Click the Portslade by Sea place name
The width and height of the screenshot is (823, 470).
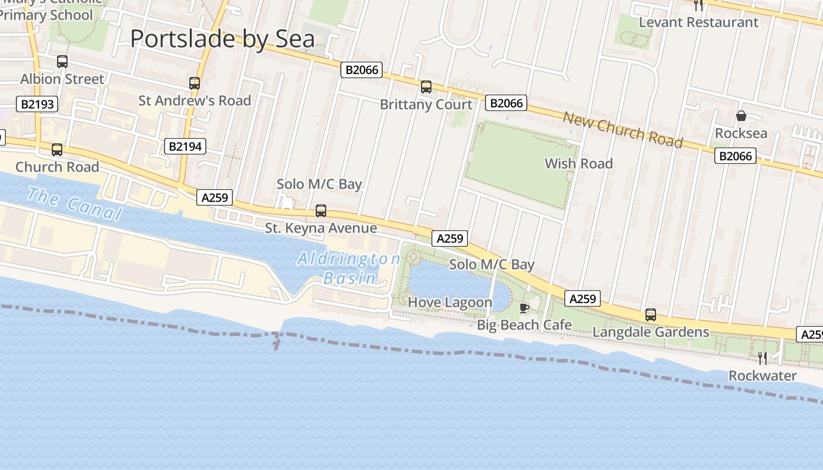[x=222, y=39]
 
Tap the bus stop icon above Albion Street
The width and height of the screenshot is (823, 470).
[x=62, y=61]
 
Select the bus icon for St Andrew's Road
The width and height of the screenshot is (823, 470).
[x=195, y=83]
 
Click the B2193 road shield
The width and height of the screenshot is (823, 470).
[x=38, y=105]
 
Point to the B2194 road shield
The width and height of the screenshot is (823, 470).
[x=185, y=146]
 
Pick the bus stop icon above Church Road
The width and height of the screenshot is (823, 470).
[x=57, y=150]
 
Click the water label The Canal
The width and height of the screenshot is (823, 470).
[x=74, y=204]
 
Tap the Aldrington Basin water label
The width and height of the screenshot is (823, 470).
[x=349, y=268]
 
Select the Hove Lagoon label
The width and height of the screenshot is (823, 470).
[x=450, y=303]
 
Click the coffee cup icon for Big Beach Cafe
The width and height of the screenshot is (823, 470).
[x=524, y=308]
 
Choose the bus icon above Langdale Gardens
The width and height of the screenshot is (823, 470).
[x=651, y=315]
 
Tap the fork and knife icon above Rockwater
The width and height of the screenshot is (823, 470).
[x=762, y=358]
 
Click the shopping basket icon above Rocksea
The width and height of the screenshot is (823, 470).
[x=741, y=116]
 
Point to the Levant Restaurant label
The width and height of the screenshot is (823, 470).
[x=698, y=22]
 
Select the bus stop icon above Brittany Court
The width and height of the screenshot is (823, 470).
[x=426, y=87]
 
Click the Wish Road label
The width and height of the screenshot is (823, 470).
[x=578, y=164]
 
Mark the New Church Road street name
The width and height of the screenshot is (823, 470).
[x=623, y=129]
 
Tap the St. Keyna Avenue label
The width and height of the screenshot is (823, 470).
[x=320, y=228]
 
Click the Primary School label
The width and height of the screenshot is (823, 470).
[x=46, y=15]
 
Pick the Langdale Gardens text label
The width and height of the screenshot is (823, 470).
[x=651, y=332]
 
